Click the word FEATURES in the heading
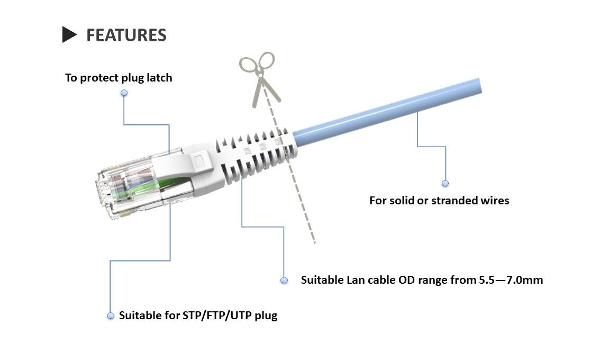126,35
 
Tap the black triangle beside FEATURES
69,34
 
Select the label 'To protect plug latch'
119,78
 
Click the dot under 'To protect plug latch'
124,93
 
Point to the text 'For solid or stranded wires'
439,201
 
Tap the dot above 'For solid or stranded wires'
445,183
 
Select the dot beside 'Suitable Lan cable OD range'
284,280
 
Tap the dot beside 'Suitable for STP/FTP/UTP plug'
111,316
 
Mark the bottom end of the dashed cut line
314,242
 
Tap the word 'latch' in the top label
158,78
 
